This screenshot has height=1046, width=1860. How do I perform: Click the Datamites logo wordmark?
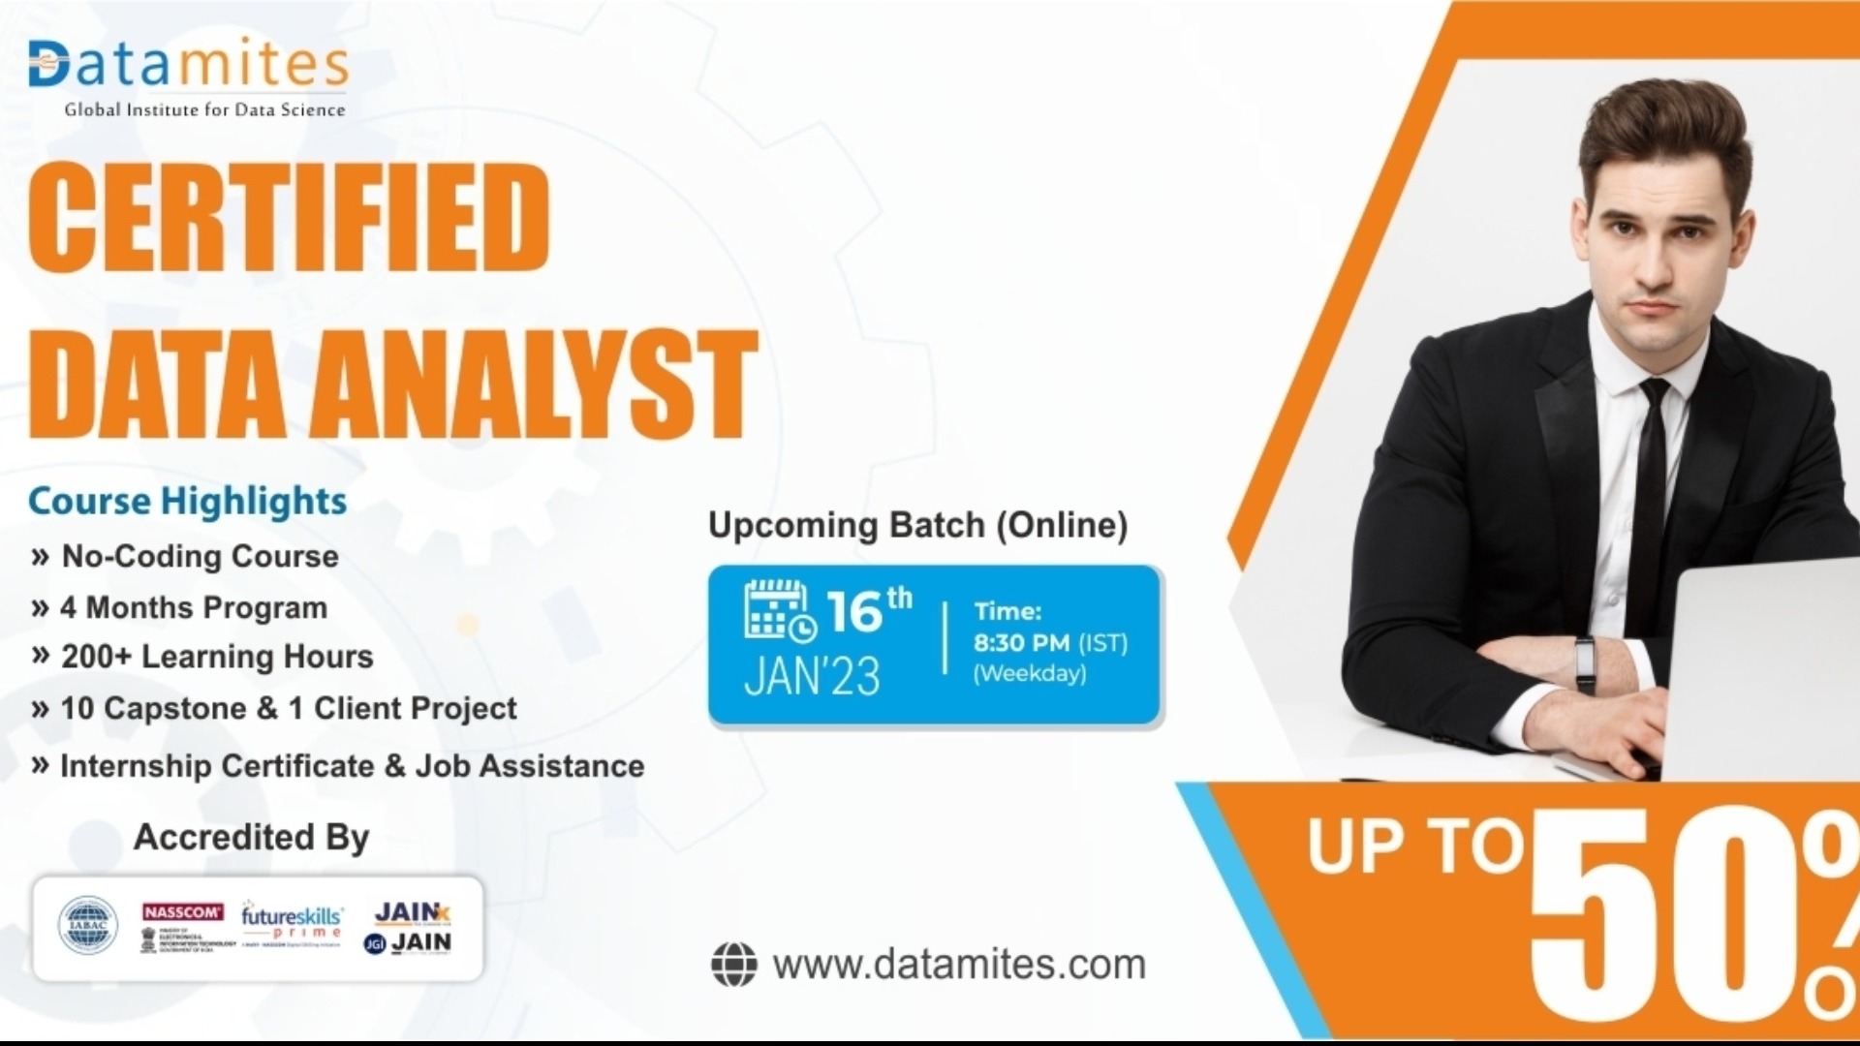pyautogui.click(x=188, y=66)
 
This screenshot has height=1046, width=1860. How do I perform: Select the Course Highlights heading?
pyautogui.click(x=187, y=501)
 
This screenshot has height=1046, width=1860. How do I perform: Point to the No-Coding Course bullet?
pyautogui.click(x=200, y=556)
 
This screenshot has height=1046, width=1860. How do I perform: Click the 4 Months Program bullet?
pyautogui.click(x=193, y=607)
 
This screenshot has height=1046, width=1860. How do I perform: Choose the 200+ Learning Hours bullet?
pyautogui.click(x=216, y=657)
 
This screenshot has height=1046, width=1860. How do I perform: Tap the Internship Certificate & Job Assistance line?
pyautogui.click(x=352, y=766)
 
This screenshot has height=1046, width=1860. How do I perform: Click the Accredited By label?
pyautogui.click(x=251, y=837)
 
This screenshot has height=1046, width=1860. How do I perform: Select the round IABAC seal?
pyautogui.click(x=88, y=925)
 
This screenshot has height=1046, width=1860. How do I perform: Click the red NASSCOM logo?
pyautogui.click(x=182, y=912)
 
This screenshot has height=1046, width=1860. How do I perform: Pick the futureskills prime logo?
pyautogui.click(x=292, y=921)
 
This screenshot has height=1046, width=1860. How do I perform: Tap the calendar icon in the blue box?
pyautogui.click(x=779, y=611)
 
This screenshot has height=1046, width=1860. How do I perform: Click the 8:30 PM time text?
pyautogui.click(x=1022, y=643)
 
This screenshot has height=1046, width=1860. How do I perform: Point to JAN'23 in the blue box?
pyautogui.click(x=812, y=676)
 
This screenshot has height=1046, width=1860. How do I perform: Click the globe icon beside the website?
pyautogui.click(x=733, y=965)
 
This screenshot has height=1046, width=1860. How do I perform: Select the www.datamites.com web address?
pyautogui.click(x=959, y=965)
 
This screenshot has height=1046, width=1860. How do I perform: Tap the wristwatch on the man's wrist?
pyautogui.click(x=1585, y=662)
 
